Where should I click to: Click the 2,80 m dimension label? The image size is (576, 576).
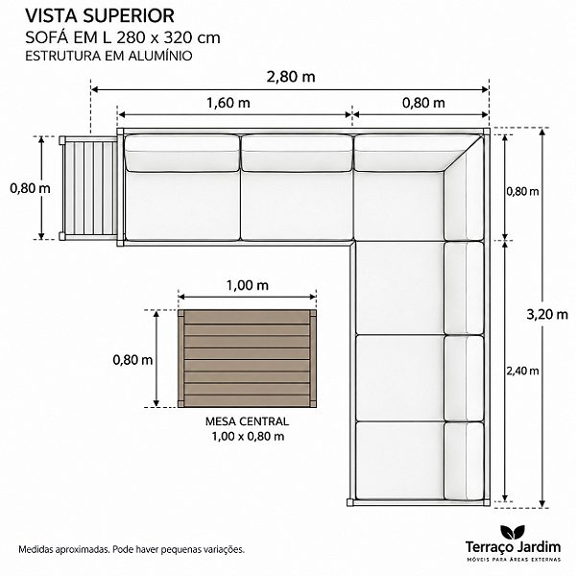291,77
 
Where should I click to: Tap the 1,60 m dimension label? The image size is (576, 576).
228,103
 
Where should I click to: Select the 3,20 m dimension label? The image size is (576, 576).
547,315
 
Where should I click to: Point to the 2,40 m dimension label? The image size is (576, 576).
522,371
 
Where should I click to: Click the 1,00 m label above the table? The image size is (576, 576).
248,285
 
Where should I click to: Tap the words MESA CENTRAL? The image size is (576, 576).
248,421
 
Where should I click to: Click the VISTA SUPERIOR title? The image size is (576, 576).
100,15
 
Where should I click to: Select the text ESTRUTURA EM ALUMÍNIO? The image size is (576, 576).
108,56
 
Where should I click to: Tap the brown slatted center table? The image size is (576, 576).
248,358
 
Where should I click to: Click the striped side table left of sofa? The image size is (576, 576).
88,188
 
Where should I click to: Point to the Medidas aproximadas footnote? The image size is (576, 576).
132,549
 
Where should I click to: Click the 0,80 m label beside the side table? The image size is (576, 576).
30,188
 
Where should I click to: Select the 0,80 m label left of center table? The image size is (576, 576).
132,360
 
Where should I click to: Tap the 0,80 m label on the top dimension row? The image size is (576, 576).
423,103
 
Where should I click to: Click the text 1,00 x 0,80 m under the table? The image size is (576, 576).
248,437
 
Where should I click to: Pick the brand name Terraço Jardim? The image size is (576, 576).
513,547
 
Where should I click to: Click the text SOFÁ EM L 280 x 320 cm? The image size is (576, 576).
123,37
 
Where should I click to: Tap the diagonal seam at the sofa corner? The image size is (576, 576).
464,153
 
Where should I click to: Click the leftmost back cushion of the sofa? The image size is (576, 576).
182,153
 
